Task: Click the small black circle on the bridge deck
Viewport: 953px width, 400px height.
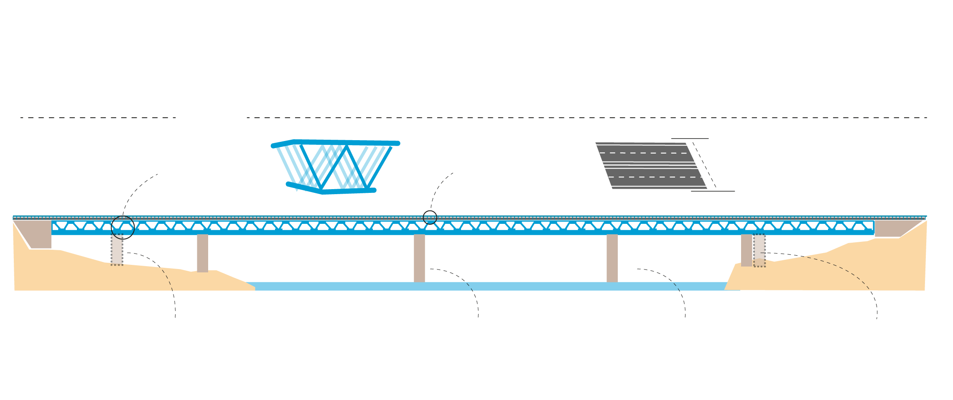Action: click(430, 218)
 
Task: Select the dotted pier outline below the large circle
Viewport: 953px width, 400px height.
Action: click(117, 250)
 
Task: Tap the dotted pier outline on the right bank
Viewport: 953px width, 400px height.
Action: click(759, 250)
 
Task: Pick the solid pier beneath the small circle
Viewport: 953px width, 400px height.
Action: click(419, 258)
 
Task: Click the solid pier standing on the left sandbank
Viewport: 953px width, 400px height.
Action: click(202, 253)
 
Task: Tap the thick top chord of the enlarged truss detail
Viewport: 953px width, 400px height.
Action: click(347, 142)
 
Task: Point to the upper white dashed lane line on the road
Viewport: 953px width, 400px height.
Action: click(644, 153)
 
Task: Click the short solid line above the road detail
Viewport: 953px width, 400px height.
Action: click(690, 138)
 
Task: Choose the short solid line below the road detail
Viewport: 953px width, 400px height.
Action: click(713, 191)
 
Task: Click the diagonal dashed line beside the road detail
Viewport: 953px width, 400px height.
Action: click(704, 165)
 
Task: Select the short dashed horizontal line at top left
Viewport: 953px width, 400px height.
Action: click(98, 118)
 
